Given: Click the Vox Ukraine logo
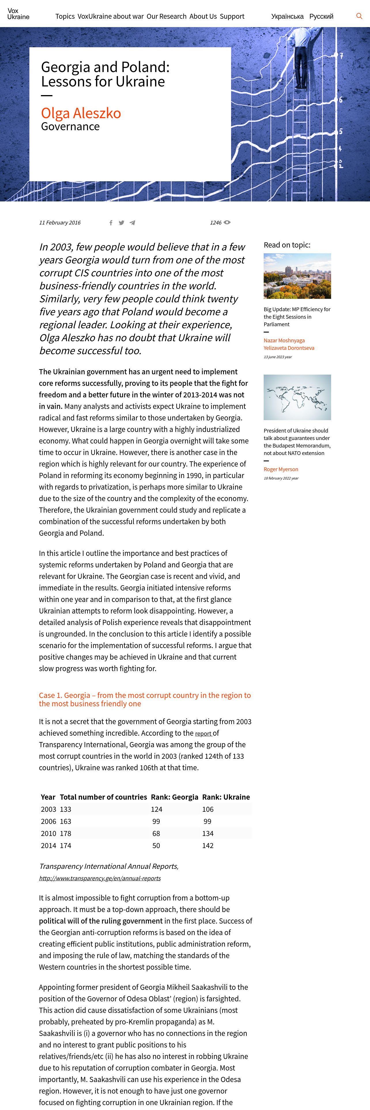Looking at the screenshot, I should pyautogui.click(x=18, y=14).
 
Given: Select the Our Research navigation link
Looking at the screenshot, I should pyautogui.click(x=166, y=16).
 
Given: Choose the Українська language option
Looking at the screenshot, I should pyautogui.click(x=287, y=16).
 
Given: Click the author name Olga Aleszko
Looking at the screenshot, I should pyautogui.click(x=81, y=113).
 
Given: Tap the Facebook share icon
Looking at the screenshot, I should pyautogui.click(x=111, y=223).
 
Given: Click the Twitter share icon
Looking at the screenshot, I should pyautogui.click(x=122, y=223).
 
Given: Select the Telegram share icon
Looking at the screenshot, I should pyautogui.click(x=132, y=223).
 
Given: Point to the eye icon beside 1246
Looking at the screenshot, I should pyautogui.click(x=227, y=222).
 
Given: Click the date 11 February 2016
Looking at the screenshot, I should pyautogui.click(x=60, y=223).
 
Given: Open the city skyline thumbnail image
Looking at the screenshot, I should pyautogui.click(x=297, y=276).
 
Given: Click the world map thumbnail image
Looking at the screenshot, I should pyautogui.click(x=297, y=397).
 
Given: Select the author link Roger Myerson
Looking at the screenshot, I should pyautogui.click(x=281, y=469).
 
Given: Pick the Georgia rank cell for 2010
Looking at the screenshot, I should pyautogui.click(x=156, y=833).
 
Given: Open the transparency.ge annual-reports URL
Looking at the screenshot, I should pyautogui.click(x=100, y=878).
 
